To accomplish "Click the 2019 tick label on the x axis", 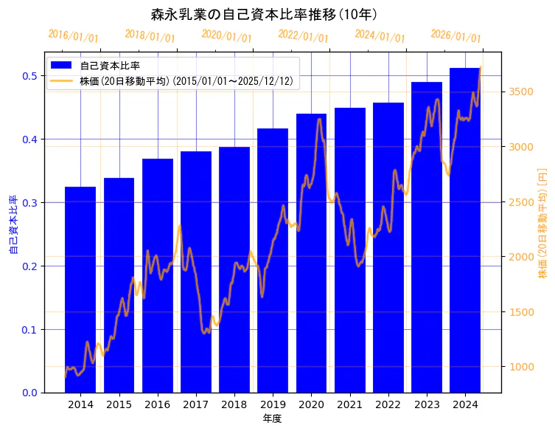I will (x=273, y=405).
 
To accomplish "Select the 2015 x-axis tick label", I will (x=119, y=405).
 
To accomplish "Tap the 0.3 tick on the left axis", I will (x=29, y=203).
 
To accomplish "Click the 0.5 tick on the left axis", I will (x=29, y=76).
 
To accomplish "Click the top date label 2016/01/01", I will (x=73, y=36).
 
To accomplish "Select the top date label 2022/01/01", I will (x=303, y=36).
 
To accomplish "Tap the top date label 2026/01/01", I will (x=455, y=36).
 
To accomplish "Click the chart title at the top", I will (x=264, y=14).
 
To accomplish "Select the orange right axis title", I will (x=543, y=222).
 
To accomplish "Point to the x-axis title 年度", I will (x=273, y=418).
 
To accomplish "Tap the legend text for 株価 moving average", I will (x=189, y=81).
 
